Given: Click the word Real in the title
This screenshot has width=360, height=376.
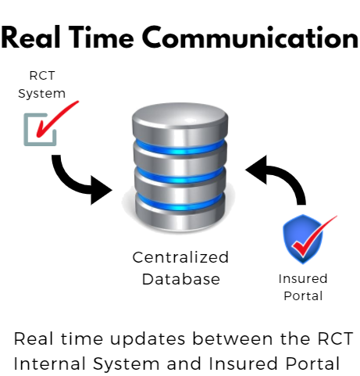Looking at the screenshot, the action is pos(30,38).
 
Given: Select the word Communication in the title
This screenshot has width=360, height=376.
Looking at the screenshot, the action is pos(251,38).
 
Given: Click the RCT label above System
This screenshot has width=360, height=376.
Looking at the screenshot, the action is pos(42,76).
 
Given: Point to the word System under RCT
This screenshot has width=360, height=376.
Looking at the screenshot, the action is pos(41,94).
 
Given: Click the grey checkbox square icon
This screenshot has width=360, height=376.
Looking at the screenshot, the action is pos(40,130).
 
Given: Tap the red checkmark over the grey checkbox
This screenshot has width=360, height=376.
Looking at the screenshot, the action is pos(57,119).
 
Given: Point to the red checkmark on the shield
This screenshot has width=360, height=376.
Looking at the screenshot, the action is pos(312,237).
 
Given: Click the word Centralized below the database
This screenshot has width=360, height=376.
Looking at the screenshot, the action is pos(180,257).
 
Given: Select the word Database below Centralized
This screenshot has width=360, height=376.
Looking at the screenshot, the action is pos(181,279).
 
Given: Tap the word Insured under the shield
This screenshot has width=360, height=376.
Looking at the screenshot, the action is pos(303,278).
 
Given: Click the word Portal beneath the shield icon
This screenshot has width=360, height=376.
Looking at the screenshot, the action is pos(303,295).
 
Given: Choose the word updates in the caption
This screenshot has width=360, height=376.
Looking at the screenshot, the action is pos(148,339).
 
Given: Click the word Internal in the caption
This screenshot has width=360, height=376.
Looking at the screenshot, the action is pos(50,363).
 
